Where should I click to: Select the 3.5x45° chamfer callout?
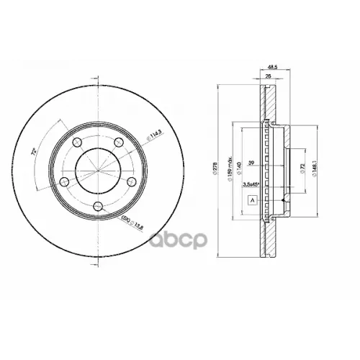pyautogui.click(x=253, y=185)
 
